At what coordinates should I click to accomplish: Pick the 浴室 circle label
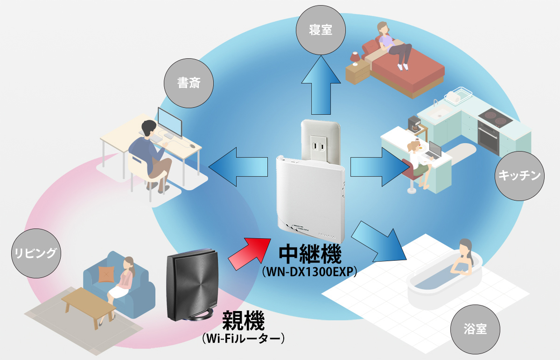coord(476,329)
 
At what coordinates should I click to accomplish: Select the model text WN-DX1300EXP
coord(309,272)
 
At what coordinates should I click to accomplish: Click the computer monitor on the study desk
coord(170,122)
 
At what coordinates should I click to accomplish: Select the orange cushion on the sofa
coord(105,274)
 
